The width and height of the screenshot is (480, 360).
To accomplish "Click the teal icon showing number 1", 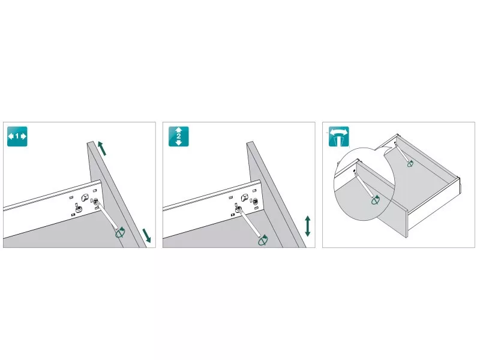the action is point(17,136).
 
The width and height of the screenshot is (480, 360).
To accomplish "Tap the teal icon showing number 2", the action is point(178,136).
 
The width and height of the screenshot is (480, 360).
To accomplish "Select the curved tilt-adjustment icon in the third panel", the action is point(338,137).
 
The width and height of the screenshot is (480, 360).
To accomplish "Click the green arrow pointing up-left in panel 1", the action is point(102,148).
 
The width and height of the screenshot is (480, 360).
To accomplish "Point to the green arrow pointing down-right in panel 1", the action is point(146,235).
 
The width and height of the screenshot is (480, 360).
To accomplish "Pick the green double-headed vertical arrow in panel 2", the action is point(308,226).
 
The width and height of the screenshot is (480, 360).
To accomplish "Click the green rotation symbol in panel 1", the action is point(121,233).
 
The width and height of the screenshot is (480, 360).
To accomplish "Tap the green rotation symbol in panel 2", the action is point(263,241).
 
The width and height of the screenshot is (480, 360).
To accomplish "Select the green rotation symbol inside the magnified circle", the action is point(376,200).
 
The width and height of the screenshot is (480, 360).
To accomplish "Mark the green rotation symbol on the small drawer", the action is point(410,164).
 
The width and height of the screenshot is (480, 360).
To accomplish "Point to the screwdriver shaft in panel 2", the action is point(250,223).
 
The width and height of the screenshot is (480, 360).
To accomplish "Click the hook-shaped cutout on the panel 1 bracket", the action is point(85,197).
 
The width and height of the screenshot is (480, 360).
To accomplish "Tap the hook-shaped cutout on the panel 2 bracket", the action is point(245,197).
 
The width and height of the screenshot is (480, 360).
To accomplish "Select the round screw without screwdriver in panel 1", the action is point(79,209).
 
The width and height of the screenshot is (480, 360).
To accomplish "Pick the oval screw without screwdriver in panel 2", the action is point(254,201).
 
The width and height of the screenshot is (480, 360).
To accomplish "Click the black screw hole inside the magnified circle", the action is point(354,171).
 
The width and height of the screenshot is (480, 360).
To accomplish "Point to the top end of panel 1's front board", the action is point(91,142).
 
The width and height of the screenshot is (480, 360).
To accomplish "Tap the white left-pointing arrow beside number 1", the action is point(11,136).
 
